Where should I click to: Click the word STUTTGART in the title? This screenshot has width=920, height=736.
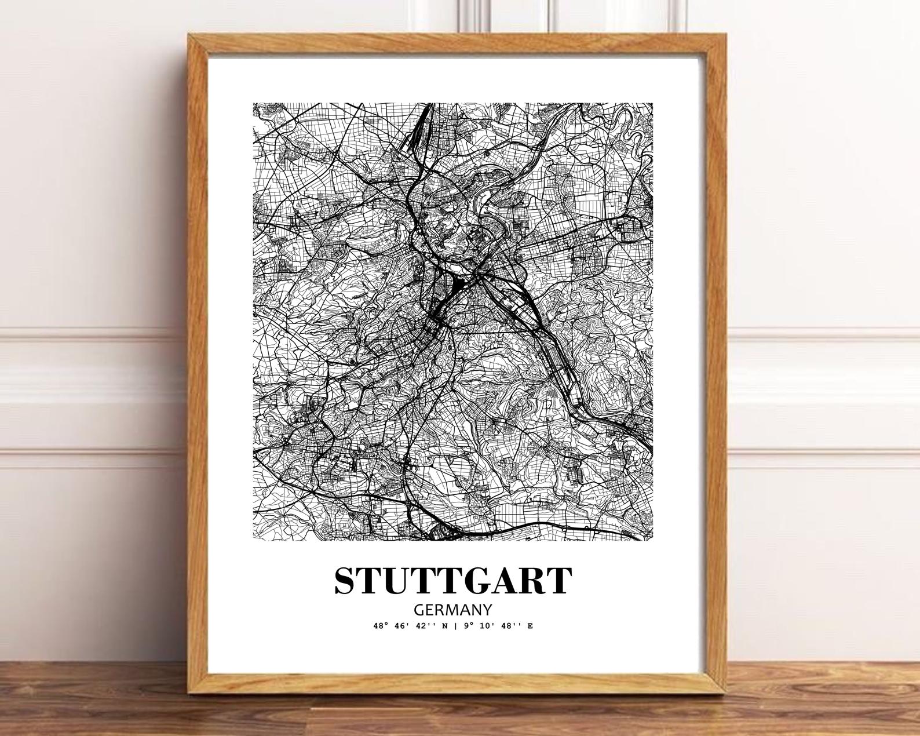[x=453, y=580]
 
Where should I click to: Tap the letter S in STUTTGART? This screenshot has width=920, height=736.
[x=346, y=580]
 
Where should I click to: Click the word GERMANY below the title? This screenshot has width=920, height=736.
[x=453, y=610]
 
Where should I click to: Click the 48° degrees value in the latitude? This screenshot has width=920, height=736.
[x=381, y=626]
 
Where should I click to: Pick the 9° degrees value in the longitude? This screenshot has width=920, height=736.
[x=468, y=626]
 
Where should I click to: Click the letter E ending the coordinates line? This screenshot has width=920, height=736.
[x=530, y=626]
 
